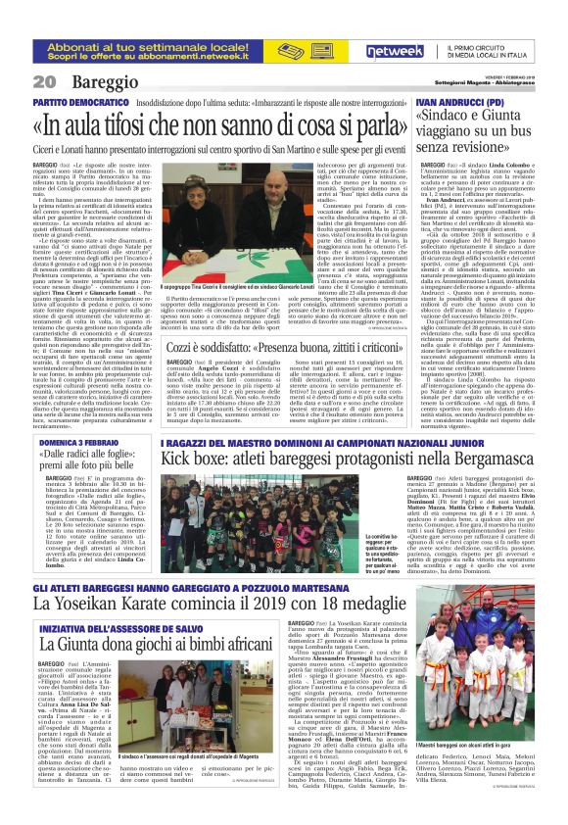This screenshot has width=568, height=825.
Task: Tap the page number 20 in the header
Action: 43,81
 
